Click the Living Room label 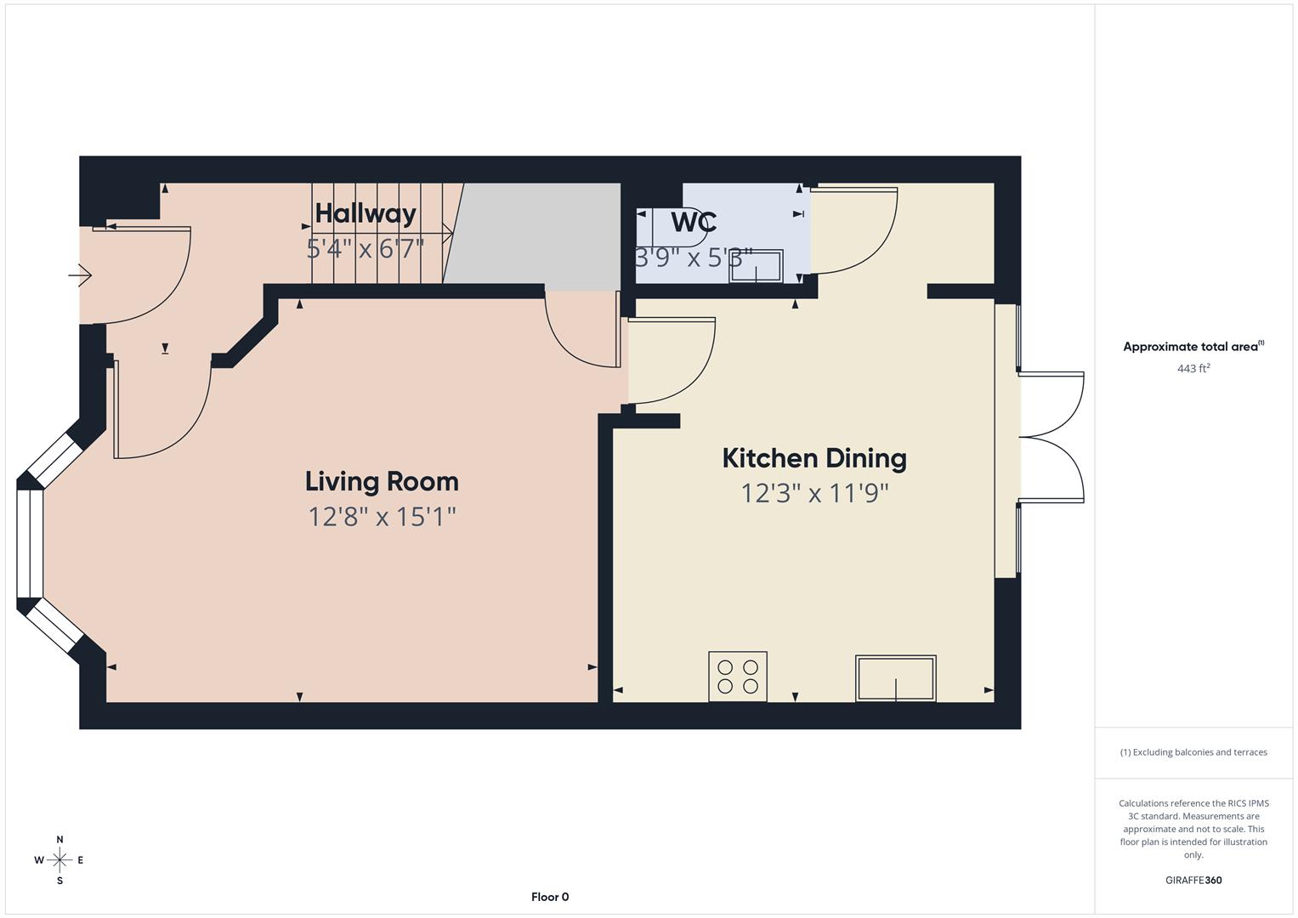382,482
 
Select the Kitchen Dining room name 813,459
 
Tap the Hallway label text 366,213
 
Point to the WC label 694,223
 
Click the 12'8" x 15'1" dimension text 382,517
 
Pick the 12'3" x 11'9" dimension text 813,494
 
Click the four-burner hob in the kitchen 738,677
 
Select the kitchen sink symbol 895,678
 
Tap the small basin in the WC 756,266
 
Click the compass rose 60,860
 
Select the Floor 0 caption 550,897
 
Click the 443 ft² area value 1193,369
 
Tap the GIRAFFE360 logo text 1193,881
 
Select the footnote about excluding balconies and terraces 1193,752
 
